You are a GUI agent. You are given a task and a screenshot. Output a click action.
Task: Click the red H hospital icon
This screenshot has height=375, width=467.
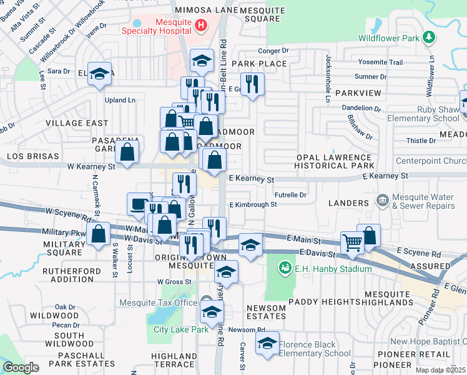click(200, 25)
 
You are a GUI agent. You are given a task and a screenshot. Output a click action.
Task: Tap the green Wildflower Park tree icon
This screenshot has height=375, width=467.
click(428, 37)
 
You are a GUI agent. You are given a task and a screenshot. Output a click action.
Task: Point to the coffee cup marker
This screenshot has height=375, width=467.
click(138, 203)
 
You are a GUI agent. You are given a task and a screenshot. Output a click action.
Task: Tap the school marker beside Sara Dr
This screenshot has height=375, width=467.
click(99, 74)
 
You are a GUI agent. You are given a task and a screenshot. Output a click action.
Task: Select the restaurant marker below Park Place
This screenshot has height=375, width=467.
click(252, 84)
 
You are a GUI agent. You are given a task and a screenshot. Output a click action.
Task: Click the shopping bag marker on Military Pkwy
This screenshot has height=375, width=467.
click(99, 235)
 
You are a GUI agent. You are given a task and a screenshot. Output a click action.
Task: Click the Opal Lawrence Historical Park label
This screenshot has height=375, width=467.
click(333, 161)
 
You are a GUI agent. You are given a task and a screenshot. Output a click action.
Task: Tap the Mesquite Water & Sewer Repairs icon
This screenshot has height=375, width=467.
click(382, 200)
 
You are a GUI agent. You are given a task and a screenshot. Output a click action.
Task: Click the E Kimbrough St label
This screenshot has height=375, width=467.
click(253, 204)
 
